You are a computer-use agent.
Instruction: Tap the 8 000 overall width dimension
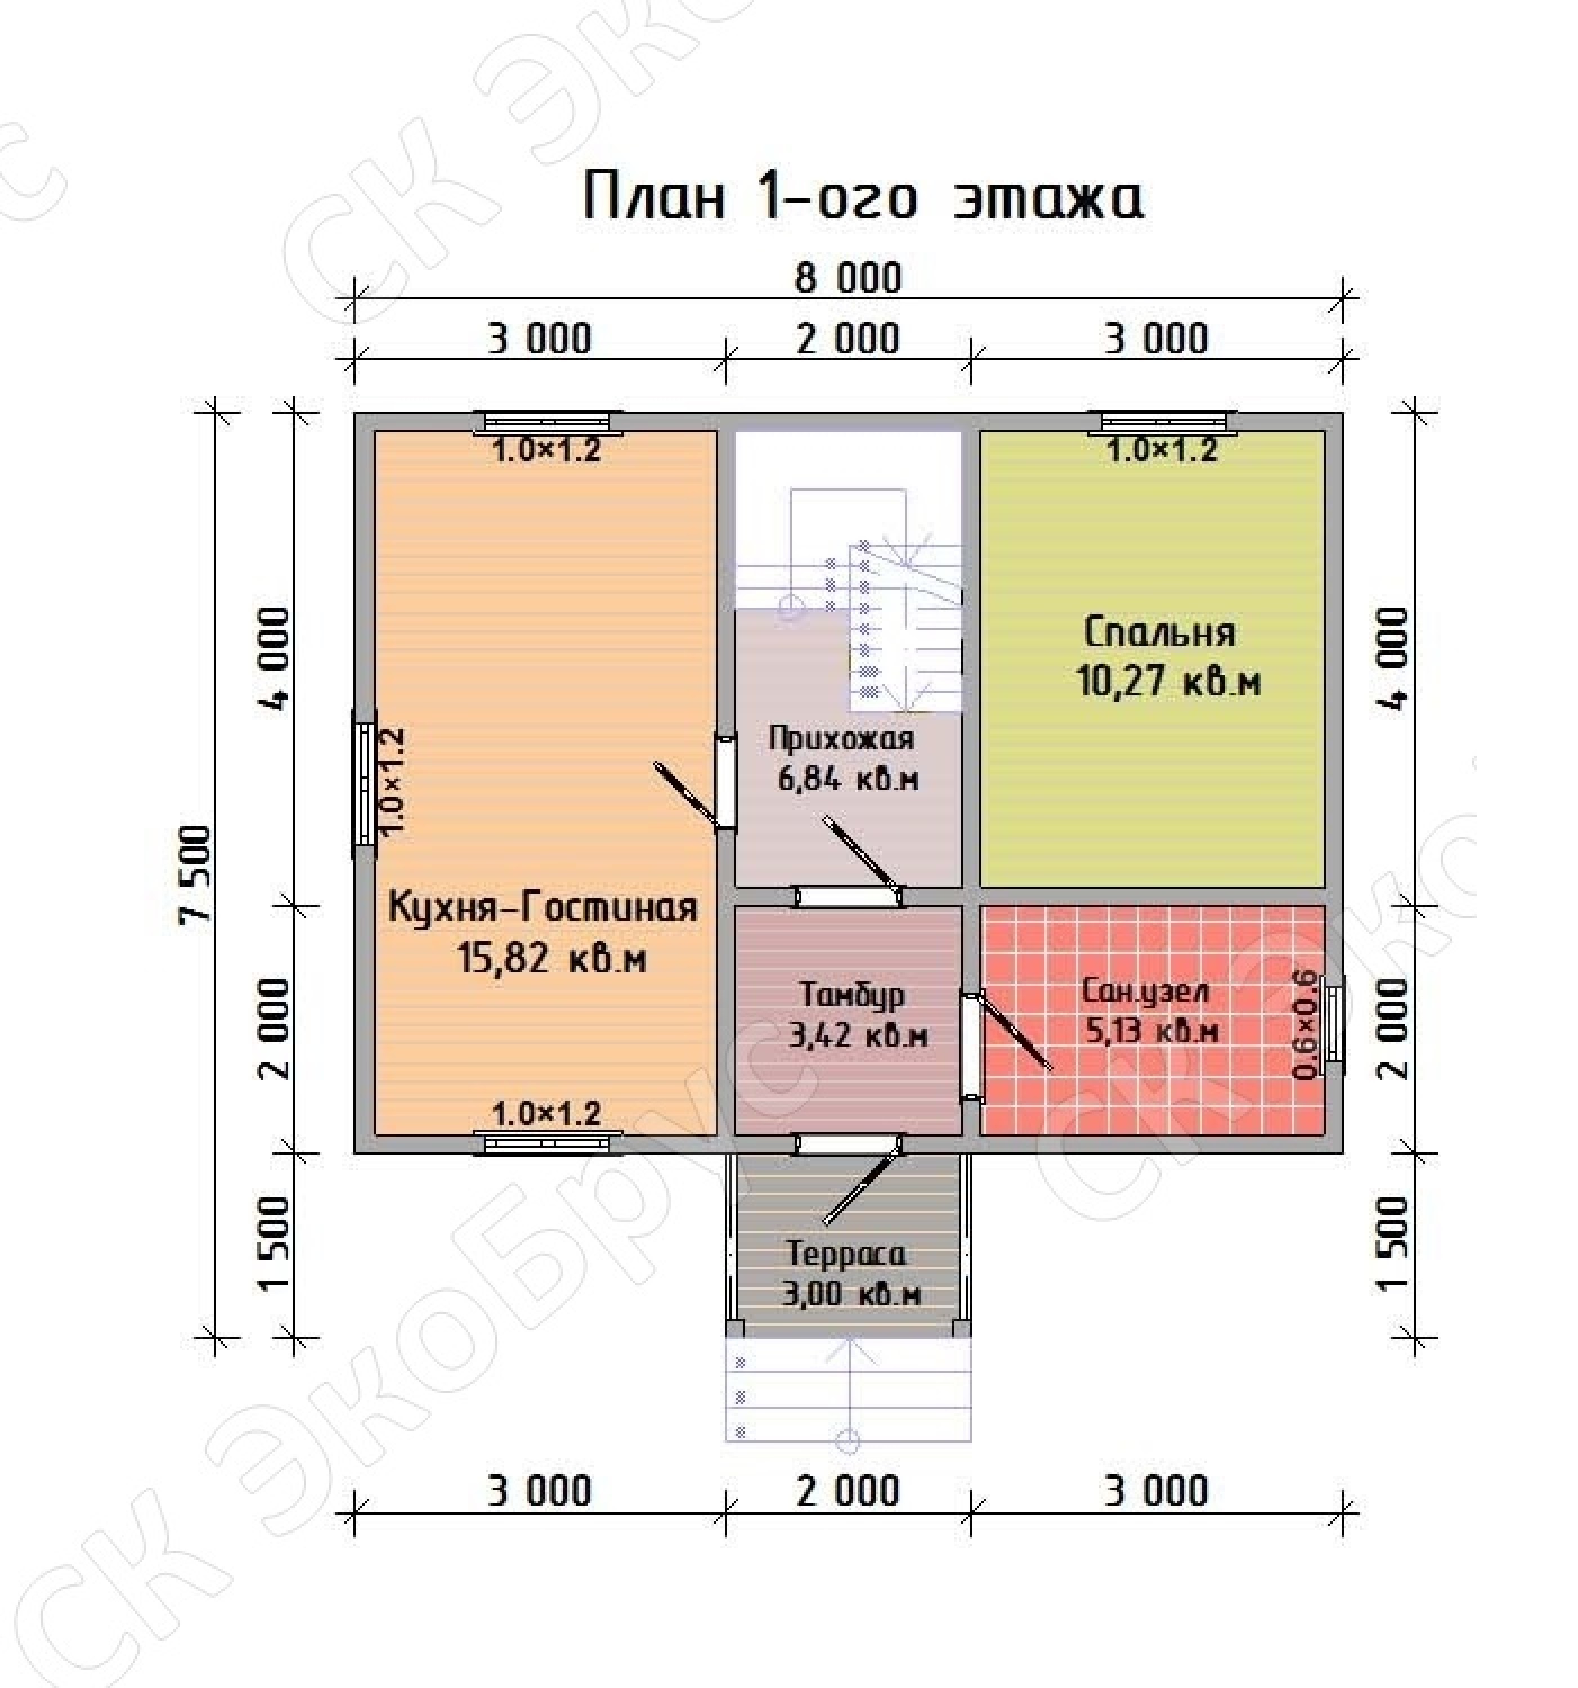coord(848,279)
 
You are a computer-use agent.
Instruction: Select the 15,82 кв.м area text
coord(552,959)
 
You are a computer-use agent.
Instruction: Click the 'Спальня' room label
coord(1160,632)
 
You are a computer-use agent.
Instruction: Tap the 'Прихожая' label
coord(841,738)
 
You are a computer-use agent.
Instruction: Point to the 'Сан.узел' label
coord(1146,991)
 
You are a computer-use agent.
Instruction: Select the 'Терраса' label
coord(847,1253)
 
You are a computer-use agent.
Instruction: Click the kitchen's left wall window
coord(364,784)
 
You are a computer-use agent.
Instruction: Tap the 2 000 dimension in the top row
coord(848,339)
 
